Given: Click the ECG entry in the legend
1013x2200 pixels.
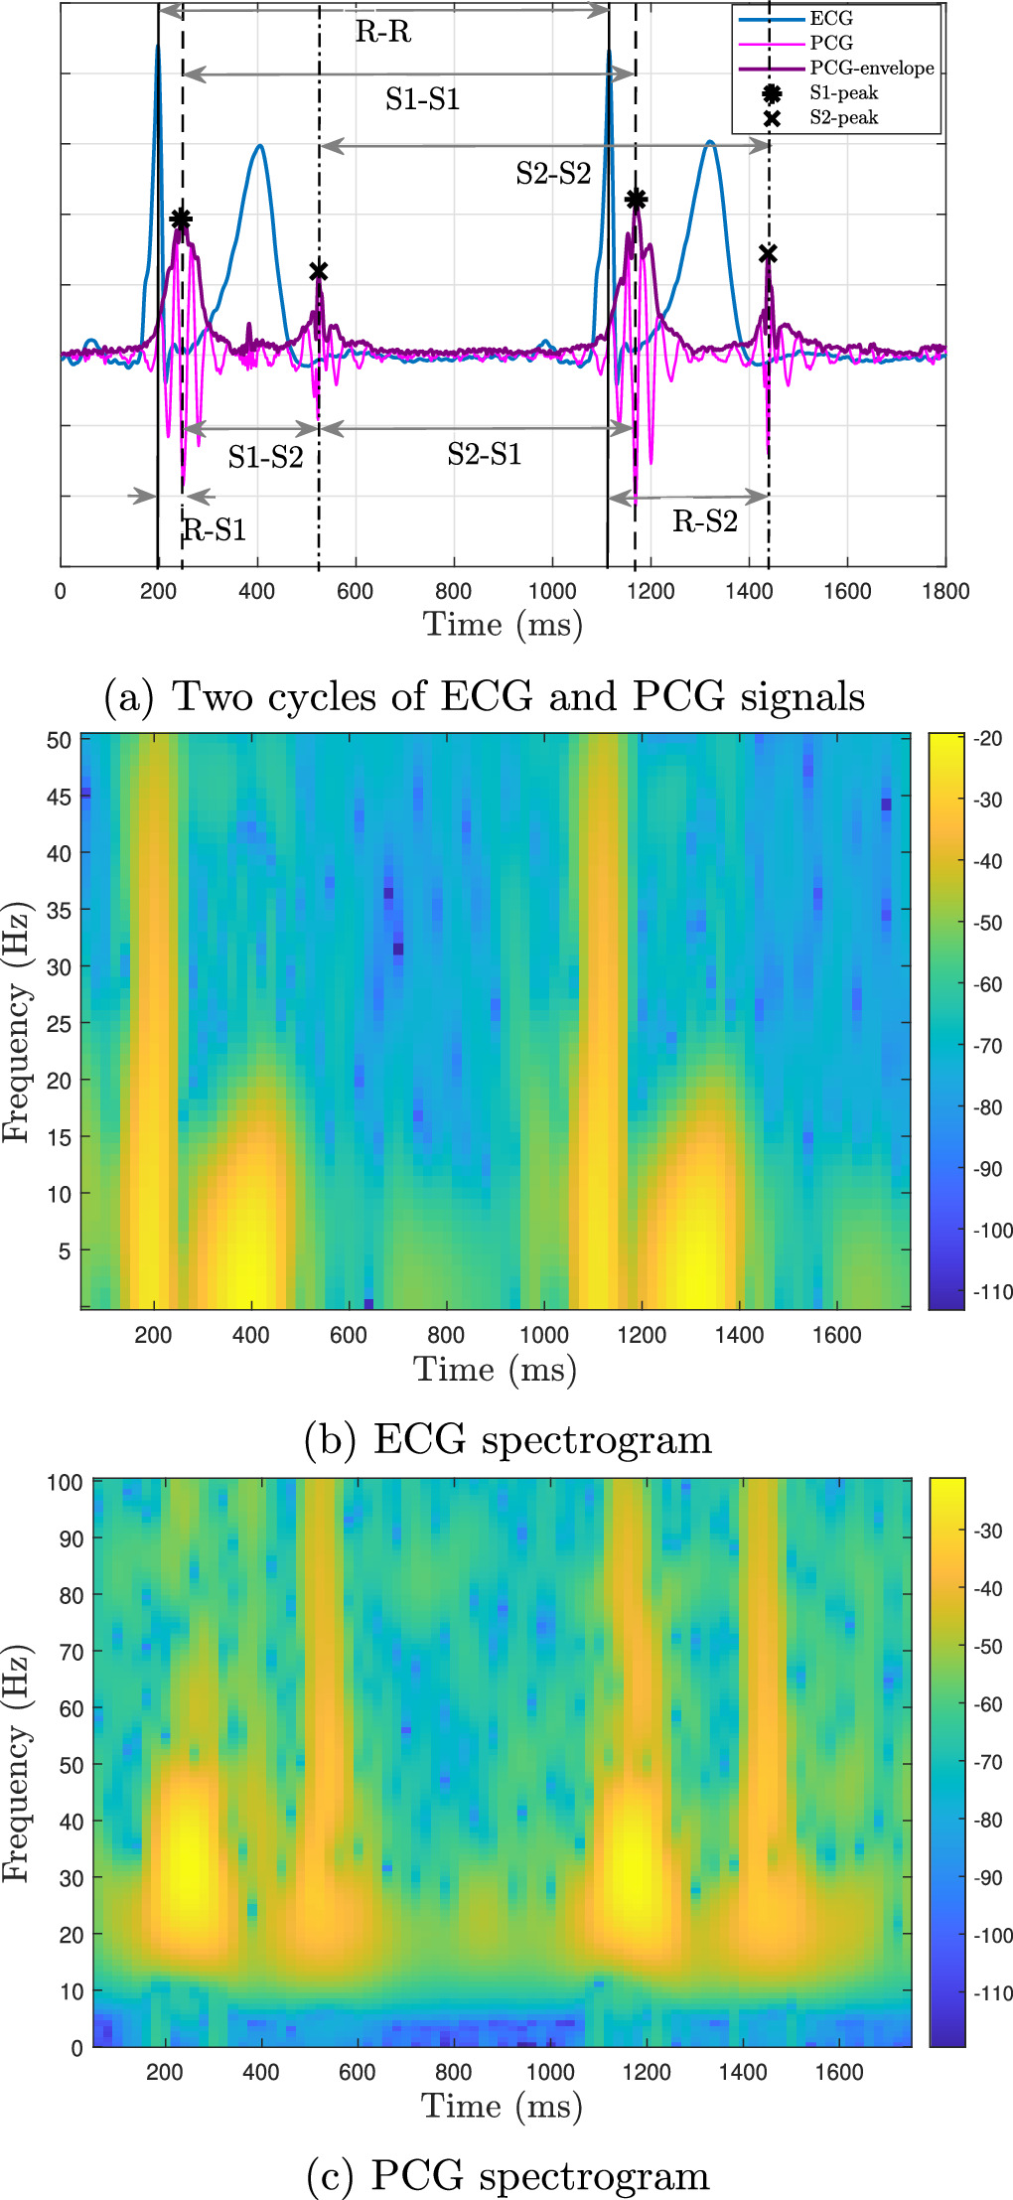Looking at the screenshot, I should [830, 19].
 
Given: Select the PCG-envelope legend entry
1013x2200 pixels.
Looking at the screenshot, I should [871, 69].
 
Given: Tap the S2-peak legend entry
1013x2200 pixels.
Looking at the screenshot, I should [843, 118].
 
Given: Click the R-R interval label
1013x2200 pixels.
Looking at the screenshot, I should [383, 33].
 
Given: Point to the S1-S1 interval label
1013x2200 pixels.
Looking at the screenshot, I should [422, 99].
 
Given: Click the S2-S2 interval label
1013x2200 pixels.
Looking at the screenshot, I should [553, 174].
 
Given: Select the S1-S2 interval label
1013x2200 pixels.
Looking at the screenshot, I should [265, 457].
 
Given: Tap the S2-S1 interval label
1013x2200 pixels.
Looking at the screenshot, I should [484, 455].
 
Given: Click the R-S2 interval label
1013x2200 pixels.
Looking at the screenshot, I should [704, 521].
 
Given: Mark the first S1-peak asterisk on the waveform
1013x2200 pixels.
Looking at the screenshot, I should [180, 220].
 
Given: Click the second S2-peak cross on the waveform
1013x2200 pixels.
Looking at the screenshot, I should [768, 255].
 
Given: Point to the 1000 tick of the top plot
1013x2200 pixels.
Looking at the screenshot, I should [552, 592].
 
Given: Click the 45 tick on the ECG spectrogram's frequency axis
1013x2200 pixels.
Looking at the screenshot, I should [59, 797].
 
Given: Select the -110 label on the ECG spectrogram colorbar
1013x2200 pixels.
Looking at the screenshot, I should [992, 1292].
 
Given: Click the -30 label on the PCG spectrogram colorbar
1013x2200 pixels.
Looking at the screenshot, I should [988, 1531].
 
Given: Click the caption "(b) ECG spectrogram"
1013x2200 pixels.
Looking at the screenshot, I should [508, 1439].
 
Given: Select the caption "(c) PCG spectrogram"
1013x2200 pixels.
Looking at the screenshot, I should [508, 2175].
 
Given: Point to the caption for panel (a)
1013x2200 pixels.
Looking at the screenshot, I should [485, 696].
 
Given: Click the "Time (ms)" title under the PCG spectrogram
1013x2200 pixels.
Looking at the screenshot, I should [502, 2106].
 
